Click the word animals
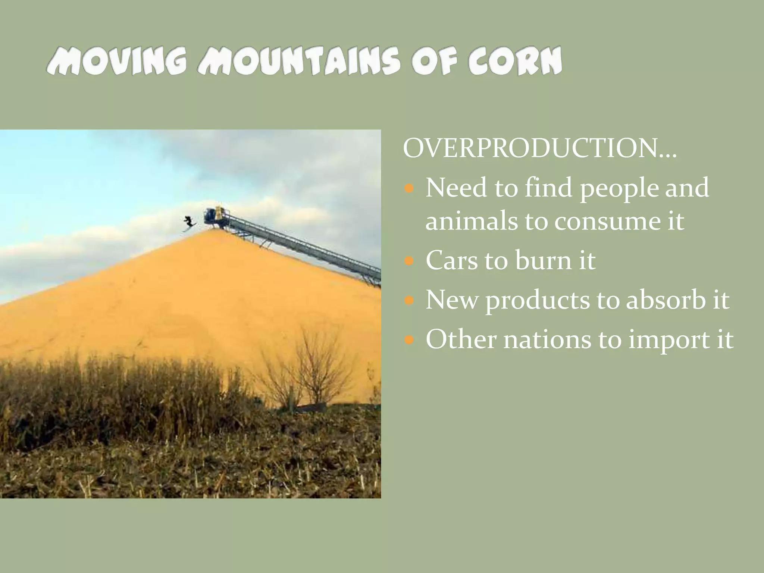coord(471,221)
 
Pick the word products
coord(537,301)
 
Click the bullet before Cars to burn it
coord(409,260)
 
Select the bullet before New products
coord(409,300)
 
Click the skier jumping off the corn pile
coord(190,223)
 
